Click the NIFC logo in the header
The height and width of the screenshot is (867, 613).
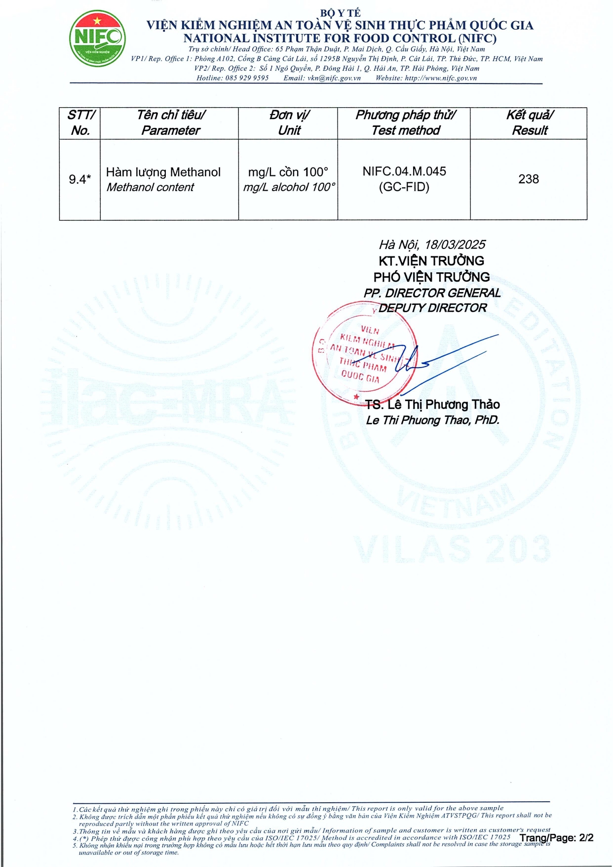[97, 38]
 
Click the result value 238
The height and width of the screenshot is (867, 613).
[528, 179]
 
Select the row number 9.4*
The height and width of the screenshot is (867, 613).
[79, 179]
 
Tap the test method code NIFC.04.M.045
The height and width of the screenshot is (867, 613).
[404, 171]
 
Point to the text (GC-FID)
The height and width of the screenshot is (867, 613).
[404, 187]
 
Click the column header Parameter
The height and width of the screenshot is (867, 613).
[171, 130]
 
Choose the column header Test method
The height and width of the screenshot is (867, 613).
[406, 130]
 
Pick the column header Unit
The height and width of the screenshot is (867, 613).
[289, 130]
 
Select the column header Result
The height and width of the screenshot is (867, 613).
[530, 130]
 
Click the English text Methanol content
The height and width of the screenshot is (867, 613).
[150, 187]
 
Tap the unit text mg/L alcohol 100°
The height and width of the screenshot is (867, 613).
[289, 187]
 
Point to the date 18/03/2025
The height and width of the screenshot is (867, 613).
[455, 245]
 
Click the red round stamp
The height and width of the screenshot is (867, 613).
[364, 352]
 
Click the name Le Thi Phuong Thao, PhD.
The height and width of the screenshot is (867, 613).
[432, 420]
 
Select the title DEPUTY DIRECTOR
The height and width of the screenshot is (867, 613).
[432, 308]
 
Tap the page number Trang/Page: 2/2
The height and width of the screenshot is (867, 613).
[556, 838]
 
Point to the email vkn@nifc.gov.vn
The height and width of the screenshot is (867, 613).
[334, 78]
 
